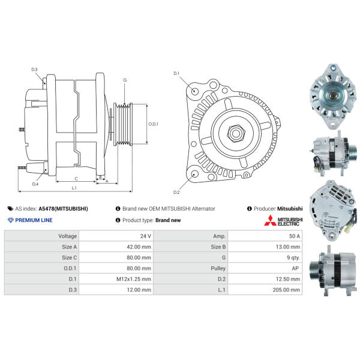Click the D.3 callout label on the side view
[x=34, y=70]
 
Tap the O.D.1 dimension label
[x=154, y=124]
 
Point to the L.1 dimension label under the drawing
[x=74, y=188]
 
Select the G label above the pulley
[x=125, y=80]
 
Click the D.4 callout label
[x=35, y=184]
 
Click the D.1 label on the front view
[x=176, y=73]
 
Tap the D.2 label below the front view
[x=176, y=192]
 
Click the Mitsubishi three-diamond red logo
[x=270, y=220]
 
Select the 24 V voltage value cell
[x=146, y=236]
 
